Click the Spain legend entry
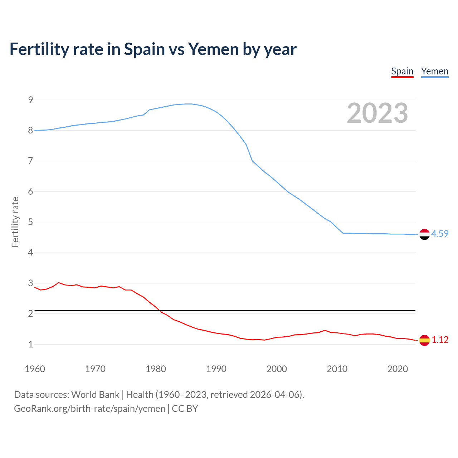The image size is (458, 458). pyautogui.click(x=402, y=72)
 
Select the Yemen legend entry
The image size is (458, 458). pyautogui.click(x=434, y=72)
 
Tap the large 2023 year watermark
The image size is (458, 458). pyautogui.click(x=377, y=113)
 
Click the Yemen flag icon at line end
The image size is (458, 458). pyautogui.click(x=424, y=234)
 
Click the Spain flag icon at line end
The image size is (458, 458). pyautogui.click(x=424, y=340)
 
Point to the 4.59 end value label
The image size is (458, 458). pyautogui.click(x=440, y=234)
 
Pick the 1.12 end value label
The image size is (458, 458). pyautogui.click(x=440, y=340)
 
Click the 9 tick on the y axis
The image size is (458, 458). pyautogui.click(x=31, y=100)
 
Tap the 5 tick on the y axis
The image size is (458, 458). pyautogui.click(x=31, y=222)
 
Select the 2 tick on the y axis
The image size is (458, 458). pyautogui.click(x=31, y=314)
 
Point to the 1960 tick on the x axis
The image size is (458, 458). pyautogui.click(x=35, y=369)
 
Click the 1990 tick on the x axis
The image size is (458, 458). pyautogui.click(x=216, y=369)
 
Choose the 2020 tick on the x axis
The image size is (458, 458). pyautogui.click(x=398, y=369)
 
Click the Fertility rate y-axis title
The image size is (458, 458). pyautogui.click(x=15, y=222)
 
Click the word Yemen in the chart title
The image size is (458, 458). pyautogui.click(x=213, y=49)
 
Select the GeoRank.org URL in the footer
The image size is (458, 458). pyautogui.click(x=89, y=409)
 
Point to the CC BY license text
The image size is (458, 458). pyautogui.click(x=185, y=409)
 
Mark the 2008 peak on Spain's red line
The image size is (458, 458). pyautogui.click(x=325, y=330)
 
